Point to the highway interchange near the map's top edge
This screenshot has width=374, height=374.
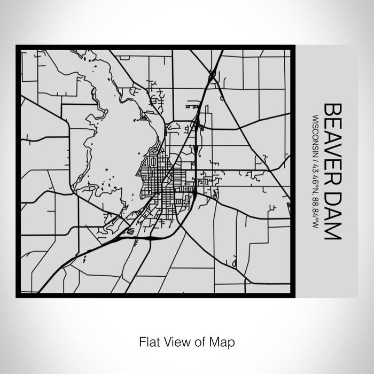(x=212, y=75)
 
